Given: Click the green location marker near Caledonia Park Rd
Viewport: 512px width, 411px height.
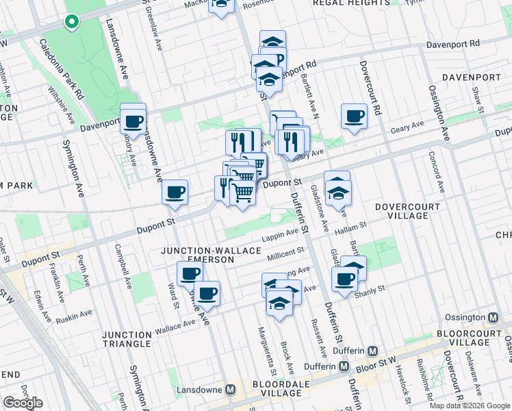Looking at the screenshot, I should point(71,22).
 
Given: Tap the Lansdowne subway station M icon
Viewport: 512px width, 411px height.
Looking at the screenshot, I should point(231,389).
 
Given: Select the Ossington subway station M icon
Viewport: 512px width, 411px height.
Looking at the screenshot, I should point(492,317).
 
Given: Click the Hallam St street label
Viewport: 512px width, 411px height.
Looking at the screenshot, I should point(350,225).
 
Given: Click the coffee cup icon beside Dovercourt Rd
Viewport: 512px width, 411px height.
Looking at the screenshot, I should point(354,116).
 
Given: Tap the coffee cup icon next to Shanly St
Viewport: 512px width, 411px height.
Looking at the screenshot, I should point(344,278).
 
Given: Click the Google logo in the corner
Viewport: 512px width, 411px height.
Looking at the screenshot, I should point(23,403).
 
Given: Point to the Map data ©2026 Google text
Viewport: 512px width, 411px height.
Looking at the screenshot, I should point(469,406).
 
